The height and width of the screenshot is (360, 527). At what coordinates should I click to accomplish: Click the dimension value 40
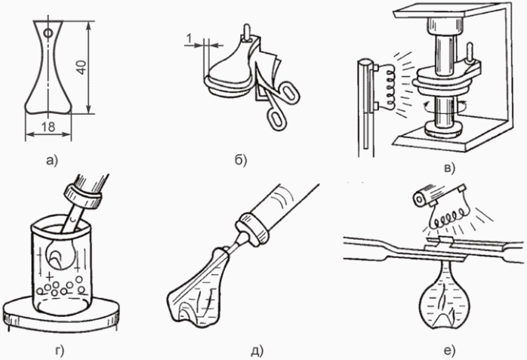pyautogui.click(x=82, y=67)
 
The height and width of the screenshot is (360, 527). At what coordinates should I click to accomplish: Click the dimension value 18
pyautogui.click(x=48, y=127)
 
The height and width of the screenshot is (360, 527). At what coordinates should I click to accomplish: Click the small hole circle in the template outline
pyautogui.click(x=48, y=33)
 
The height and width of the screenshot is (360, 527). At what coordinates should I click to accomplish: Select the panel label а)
pyautogui.click(x=52, y=161)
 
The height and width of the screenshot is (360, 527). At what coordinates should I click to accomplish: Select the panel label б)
pyautogui.click(x=241, y=160)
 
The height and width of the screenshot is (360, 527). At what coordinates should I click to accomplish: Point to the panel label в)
pyautogui.click(x=449, y=168)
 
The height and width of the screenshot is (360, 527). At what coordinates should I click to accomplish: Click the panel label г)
pyautogui.click(x=59, y=351)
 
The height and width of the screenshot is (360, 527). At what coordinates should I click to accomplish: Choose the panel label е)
pyautogui.click(x=449, y=351)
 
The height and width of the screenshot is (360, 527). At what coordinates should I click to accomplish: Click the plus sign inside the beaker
pyautogui.click(x=50, y=277)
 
